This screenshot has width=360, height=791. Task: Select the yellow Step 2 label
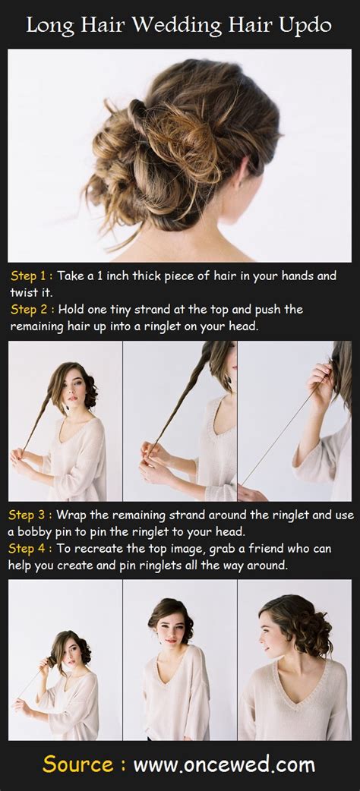pos(31,309)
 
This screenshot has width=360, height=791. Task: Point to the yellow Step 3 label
pos(29,515)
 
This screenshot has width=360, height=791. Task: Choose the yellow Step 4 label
pos(29,548)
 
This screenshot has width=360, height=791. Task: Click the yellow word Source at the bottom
pos(79,764)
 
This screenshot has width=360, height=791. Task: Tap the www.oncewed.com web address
pos(224,765)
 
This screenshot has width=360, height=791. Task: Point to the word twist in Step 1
pos(24,292)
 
